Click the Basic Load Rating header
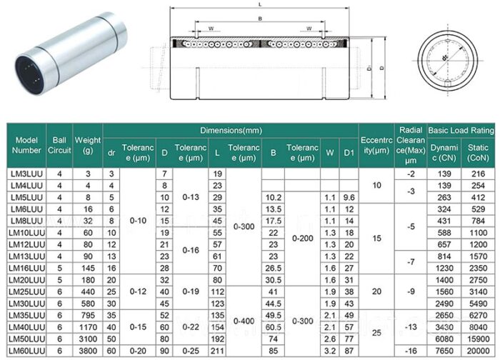coord(461,131)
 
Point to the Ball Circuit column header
coord(59,145)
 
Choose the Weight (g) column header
coord(88,145)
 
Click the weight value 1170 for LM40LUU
coord(88,327)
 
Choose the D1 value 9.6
coord(349,197)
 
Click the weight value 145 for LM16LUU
coord(88,268)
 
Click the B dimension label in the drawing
coord(259,19)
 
